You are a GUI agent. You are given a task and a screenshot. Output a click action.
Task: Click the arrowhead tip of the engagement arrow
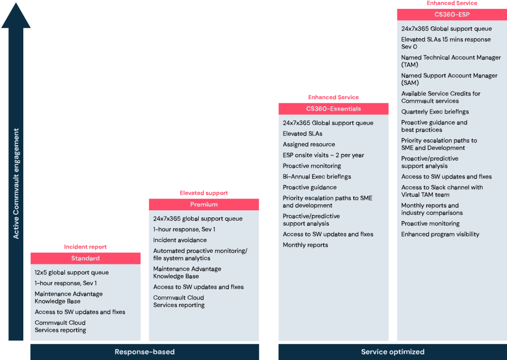pyautogui.click(x=16, y=3)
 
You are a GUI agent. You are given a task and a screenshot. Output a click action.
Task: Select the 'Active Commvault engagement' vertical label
pyautogui.click(x=16, y=184)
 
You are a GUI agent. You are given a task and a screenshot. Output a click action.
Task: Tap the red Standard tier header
pyautogui.click(x=85, y=258)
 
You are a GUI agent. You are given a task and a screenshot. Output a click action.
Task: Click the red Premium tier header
pyautogui.click(x=204, y=204)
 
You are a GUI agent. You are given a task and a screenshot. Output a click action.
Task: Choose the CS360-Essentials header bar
pyautogui.click(x=334, y=109)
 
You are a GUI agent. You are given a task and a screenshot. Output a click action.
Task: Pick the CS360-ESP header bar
pyautogui.click(x=452, y=14)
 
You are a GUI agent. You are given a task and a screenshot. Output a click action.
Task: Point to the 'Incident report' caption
pyautogui.click(x=85, y=247)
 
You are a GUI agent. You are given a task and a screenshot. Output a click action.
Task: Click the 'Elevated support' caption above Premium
pyautogui.click(x=204, y=193)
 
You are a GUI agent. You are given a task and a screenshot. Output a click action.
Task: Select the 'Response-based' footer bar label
pyautogui.click(x=145, y=352)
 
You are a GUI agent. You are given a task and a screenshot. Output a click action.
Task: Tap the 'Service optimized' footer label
pyautogui.click(x=393, y=352)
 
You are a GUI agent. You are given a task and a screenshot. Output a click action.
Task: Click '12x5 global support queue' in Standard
pyautogui.click(x=72, y=272)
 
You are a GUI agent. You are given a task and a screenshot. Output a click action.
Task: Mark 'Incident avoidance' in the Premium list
pyautogui.click(x=180, y=240)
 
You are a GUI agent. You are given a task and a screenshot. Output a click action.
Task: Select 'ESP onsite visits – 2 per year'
pyautogui.click(x=323, y=155)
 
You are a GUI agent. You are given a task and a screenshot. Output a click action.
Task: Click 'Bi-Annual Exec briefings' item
pyautogui.click(x=317, y=177)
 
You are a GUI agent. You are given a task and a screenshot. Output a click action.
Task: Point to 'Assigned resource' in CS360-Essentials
pyautogui.click(x=309, y=145)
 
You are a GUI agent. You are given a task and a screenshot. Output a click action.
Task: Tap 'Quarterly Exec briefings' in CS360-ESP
pyautogui.click(x=435, y=112)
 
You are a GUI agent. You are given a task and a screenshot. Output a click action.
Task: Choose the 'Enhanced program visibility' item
pyautogui.click(x=440, y=235)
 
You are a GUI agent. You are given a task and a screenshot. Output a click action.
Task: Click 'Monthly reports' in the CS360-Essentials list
pyautogui.click(x=305, y=245)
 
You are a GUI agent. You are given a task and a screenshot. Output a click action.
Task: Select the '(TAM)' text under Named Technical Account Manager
pyautogui.click(x=410, y=64)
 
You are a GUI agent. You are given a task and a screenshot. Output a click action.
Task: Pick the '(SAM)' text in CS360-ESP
pyautogui.click(x=410, y=83)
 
